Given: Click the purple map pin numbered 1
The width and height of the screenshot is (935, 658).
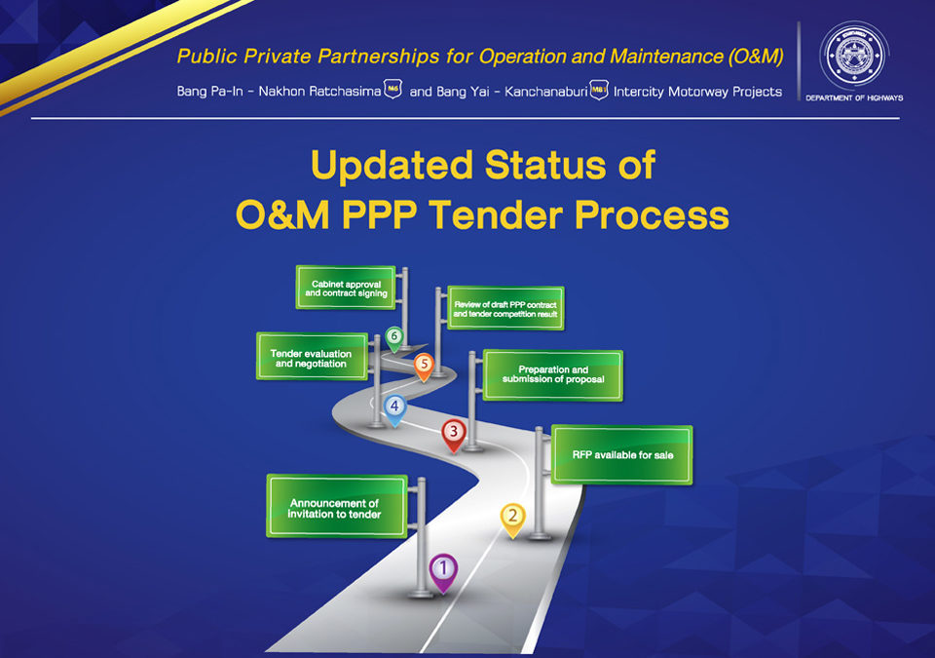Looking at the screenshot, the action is [x=443, y=572].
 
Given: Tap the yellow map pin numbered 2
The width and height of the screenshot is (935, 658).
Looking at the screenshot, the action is [x=513, y=520].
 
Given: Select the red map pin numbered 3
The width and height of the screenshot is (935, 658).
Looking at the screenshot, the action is [x=454, y=435].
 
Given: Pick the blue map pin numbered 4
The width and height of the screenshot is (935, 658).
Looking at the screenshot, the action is [x=394, y=409].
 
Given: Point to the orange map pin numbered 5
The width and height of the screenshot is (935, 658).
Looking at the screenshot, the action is [x=424, y=366].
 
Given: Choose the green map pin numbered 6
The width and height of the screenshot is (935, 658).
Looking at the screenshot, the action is [x=393, y=338].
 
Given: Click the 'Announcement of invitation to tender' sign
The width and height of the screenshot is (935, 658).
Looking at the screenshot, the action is [x=337, y=506].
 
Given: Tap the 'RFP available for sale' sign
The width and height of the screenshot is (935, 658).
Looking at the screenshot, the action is [x=622, y=455].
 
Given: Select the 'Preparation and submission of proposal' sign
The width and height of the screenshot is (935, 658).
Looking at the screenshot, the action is [x=553, y=375].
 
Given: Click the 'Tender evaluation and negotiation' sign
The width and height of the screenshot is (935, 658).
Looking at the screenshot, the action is [x=312, y=357].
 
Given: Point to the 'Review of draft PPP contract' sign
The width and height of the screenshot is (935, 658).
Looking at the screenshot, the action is [x=505, y=308].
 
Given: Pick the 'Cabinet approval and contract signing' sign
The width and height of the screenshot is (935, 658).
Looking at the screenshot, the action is [x=346, y=288].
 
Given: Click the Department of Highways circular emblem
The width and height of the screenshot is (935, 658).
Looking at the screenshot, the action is [x=854, y=56].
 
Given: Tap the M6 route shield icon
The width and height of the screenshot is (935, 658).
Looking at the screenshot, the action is [x=393, y=89].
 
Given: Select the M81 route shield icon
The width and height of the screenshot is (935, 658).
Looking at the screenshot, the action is [x=599, y=90].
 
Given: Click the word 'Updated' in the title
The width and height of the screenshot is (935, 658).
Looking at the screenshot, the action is [x=392, y=165].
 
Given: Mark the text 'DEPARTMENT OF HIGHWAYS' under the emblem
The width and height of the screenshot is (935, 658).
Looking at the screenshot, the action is [x=854, y=97].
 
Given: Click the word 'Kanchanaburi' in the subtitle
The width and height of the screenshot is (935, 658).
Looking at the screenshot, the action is [x=546, y=92].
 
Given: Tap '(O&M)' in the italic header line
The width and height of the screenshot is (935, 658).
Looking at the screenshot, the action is [x=756, y=57].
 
